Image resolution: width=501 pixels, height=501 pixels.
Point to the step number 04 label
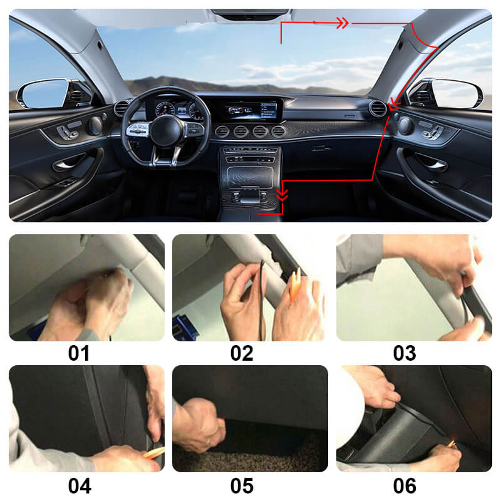pyautogui.click(x=79, y=485)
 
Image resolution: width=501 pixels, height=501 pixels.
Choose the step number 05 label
pyautogui.click(x=242, y=485)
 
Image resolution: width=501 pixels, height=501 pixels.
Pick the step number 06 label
pyautogui.click(x=405, y=485)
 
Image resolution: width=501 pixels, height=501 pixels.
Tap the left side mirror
pyautogui.click(x=43, y=93)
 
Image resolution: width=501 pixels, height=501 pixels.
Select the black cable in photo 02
pyautogui.click(x=262, y=294)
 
